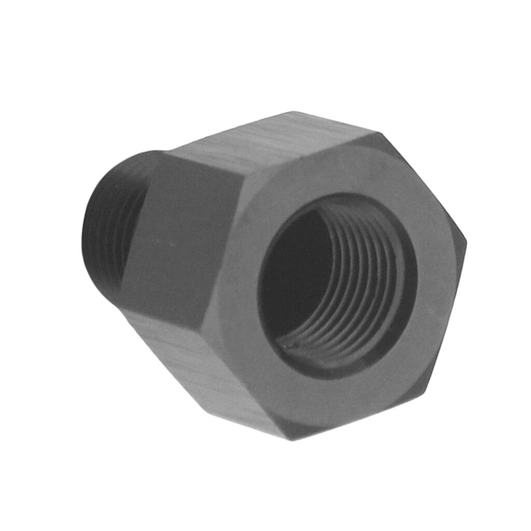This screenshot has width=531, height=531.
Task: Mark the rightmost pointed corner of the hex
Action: (x=466, y=241)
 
